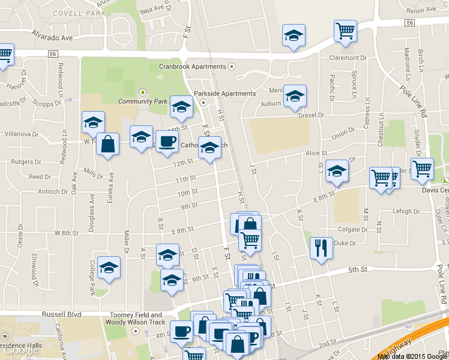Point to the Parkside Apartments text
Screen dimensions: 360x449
click(x=224, y=94)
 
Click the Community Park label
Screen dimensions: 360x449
click(x=143, y=101)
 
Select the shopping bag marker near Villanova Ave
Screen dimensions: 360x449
click(x=107, y=145)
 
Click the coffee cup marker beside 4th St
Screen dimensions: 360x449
click(x=181, y=331)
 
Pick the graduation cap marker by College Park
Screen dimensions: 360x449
click(x=109, y=268)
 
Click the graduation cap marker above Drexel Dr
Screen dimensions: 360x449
click(x=295, y=96)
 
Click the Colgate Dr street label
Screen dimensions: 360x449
click(x=352, y=229)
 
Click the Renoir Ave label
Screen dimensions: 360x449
click(x=421, y=11)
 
